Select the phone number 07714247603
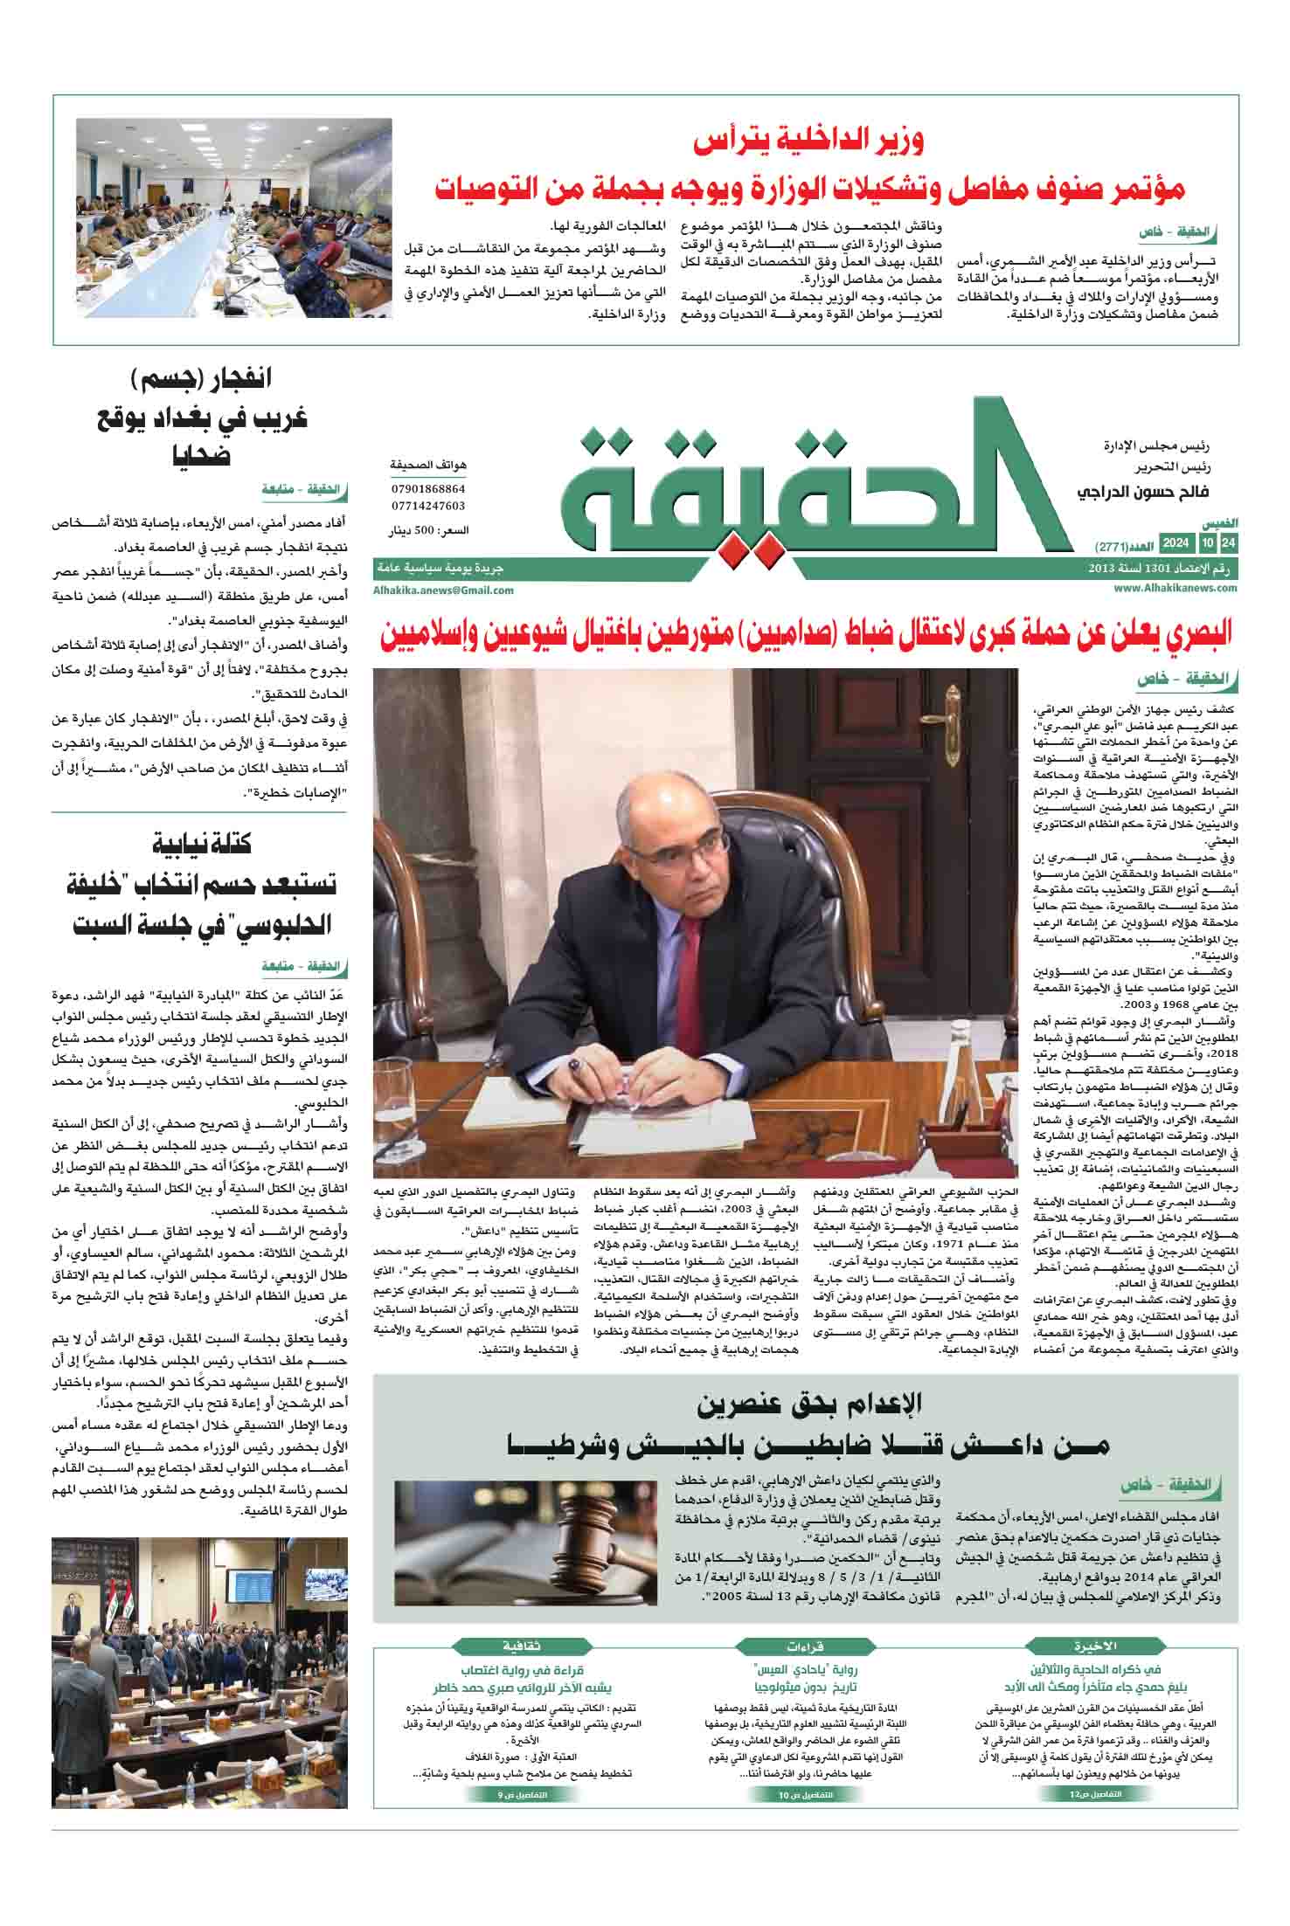428,506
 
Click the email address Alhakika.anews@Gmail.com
443,590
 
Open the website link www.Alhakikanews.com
1176,589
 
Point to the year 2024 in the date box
1175,544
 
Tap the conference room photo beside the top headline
233,222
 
